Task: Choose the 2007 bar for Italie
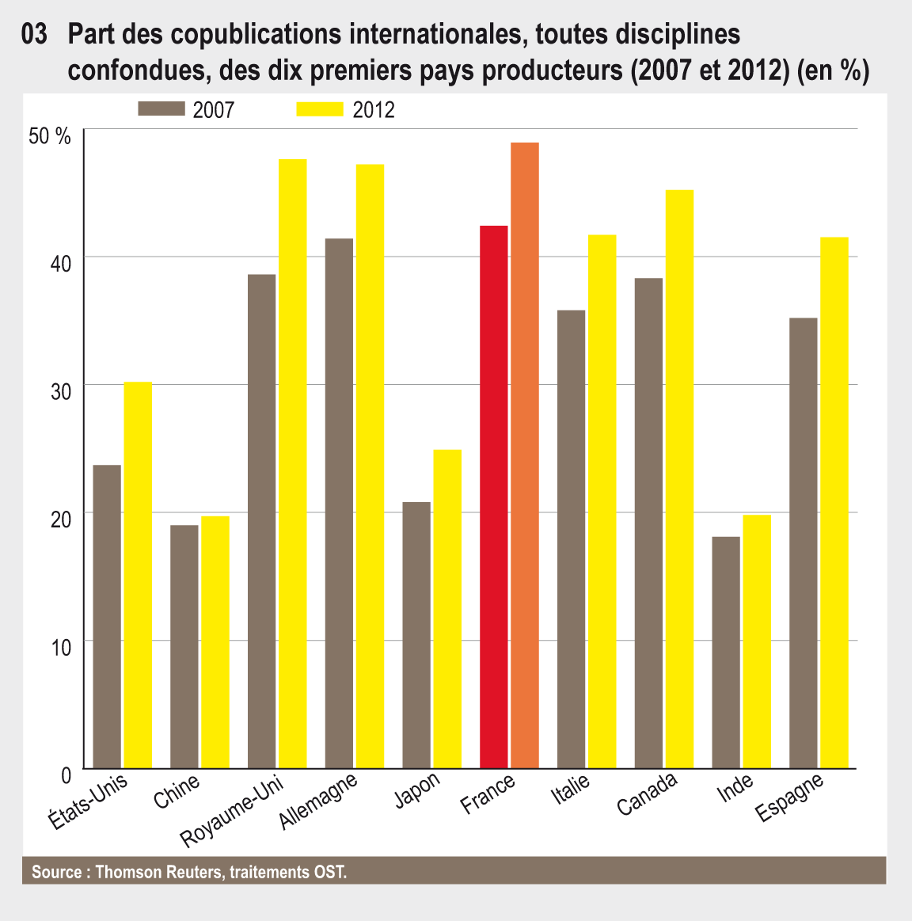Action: (571, 539)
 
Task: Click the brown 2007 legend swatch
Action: (161, 108)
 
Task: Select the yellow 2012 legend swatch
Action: (320, 108)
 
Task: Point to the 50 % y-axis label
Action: (50, 135)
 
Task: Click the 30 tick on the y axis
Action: (61, 390)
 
